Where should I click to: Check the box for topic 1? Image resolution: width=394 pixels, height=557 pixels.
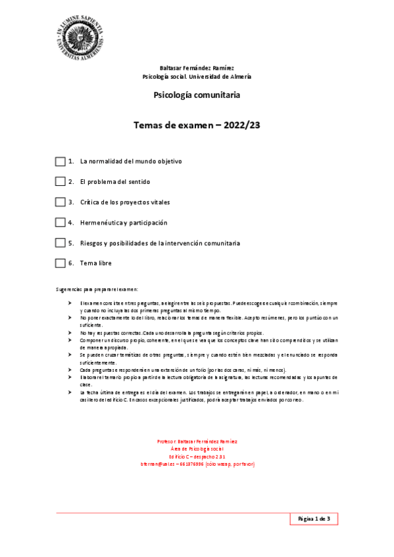coord(61,161)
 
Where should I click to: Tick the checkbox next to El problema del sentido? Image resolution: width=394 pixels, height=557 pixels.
coord(61,181)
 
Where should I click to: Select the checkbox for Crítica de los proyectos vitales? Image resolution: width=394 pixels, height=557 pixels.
coord(61,202)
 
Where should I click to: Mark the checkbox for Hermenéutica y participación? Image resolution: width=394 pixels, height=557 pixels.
coord(61,222)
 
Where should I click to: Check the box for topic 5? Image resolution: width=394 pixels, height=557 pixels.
coord(61,242)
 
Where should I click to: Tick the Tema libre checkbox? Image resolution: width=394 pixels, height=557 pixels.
coord(61,263)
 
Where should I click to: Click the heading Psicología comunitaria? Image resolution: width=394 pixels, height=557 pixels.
coord(197,95)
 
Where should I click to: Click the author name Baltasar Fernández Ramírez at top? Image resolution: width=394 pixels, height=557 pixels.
coord(197,68)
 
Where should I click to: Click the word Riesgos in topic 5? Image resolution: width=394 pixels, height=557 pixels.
coord(93,243)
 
